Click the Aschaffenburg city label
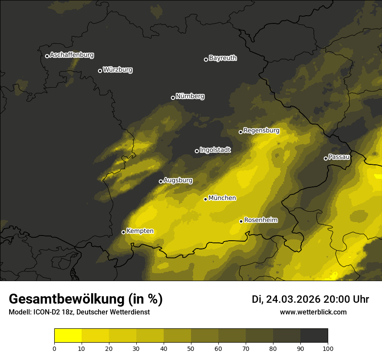[x=72, y=55]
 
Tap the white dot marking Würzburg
[x=100, y=71]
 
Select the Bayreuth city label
[x=223, y=58]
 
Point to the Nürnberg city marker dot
[x=173, y=98]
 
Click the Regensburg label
[x=261, y=131]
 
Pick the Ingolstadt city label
[x=215, y=150]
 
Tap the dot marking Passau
[x=326, y=158]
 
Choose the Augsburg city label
[x=178, y=180]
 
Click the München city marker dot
[x=205, y=199]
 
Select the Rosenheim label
[x=261, y=220]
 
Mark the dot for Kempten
[x=123, y=232]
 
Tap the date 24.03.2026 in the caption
[x=293, y=300]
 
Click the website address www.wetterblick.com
[x=313, y=312]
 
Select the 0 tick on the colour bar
[x=54, y=348]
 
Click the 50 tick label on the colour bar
[x=191, y=348]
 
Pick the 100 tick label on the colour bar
[x=328, y=348]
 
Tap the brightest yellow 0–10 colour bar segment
[x=68, y=336]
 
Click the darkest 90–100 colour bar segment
[x=314, y=336]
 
